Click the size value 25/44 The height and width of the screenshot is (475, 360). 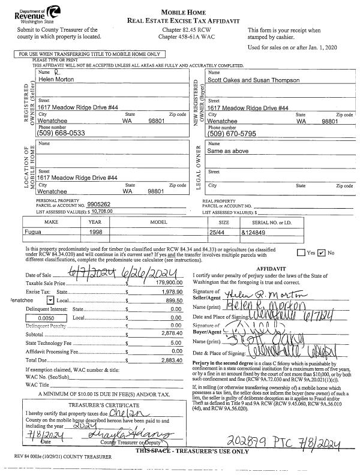pos(215,230)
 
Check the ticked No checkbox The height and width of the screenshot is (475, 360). pos(321,253)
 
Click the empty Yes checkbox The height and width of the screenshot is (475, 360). pos(301,253)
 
